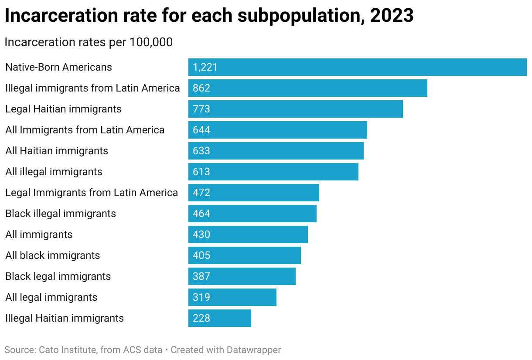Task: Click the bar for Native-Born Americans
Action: tap(357, 67)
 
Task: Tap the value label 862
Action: tap(201, 88)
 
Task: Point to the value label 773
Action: tap(201, 109)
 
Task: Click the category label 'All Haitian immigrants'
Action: tap(57, 151)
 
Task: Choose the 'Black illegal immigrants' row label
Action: tap(61, 214)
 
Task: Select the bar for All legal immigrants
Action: tap(232, 297)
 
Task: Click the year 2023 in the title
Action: tap(392, 16)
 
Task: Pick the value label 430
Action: tap(201, 234)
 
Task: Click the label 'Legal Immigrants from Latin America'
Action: tap(92, 193)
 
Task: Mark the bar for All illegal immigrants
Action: tap(273, 172)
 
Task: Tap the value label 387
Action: tap(201, 276)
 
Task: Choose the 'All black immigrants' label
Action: tap(53, 255)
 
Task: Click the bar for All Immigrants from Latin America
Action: tap(278, 130)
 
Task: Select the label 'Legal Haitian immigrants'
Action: tap(64, 109)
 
